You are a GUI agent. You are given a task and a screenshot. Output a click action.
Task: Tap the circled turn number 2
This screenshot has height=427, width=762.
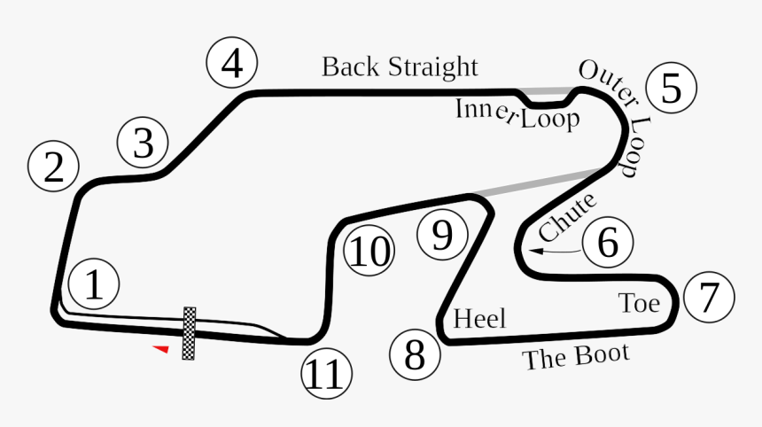click(54, 167)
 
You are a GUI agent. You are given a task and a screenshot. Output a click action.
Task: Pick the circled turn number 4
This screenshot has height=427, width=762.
click(232, 64)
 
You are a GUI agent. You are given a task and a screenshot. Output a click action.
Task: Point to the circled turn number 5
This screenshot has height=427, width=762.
click(671, 89)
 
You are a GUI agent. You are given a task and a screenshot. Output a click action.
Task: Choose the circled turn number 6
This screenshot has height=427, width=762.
click(608, 242)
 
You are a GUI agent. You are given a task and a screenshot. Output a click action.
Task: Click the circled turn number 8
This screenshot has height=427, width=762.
click(415, 354)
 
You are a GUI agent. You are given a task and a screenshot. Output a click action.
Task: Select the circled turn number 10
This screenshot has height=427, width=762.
click(369, 252)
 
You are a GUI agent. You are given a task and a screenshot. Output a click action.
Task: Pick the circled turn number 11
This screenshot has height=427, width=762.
click(326, 376)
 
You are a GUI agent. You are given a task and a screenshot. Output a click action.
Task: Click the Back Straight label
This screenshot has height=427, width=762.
click(400, 67)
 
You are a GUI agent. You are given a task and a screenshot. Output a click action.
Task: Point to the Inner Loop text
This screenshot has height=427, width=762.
click(517, 115)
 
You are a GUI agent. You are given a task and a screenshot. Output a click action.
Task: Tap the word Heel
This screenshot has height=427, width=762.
click(478, 318)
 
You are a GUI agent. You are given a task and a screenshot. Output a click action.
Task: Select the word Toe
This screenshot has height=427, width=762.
click(639, 304)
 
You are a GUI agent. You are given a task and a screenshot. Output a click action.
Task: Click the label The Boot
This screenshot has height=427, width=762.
click(576, 357)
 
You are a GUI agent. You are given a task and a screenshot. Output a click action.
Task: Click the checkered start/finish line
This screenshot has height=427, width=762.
click(189, 333)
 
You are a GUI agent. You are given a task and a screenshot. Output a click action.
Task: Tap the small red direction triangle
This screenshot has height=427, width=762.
click(160, 349)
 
